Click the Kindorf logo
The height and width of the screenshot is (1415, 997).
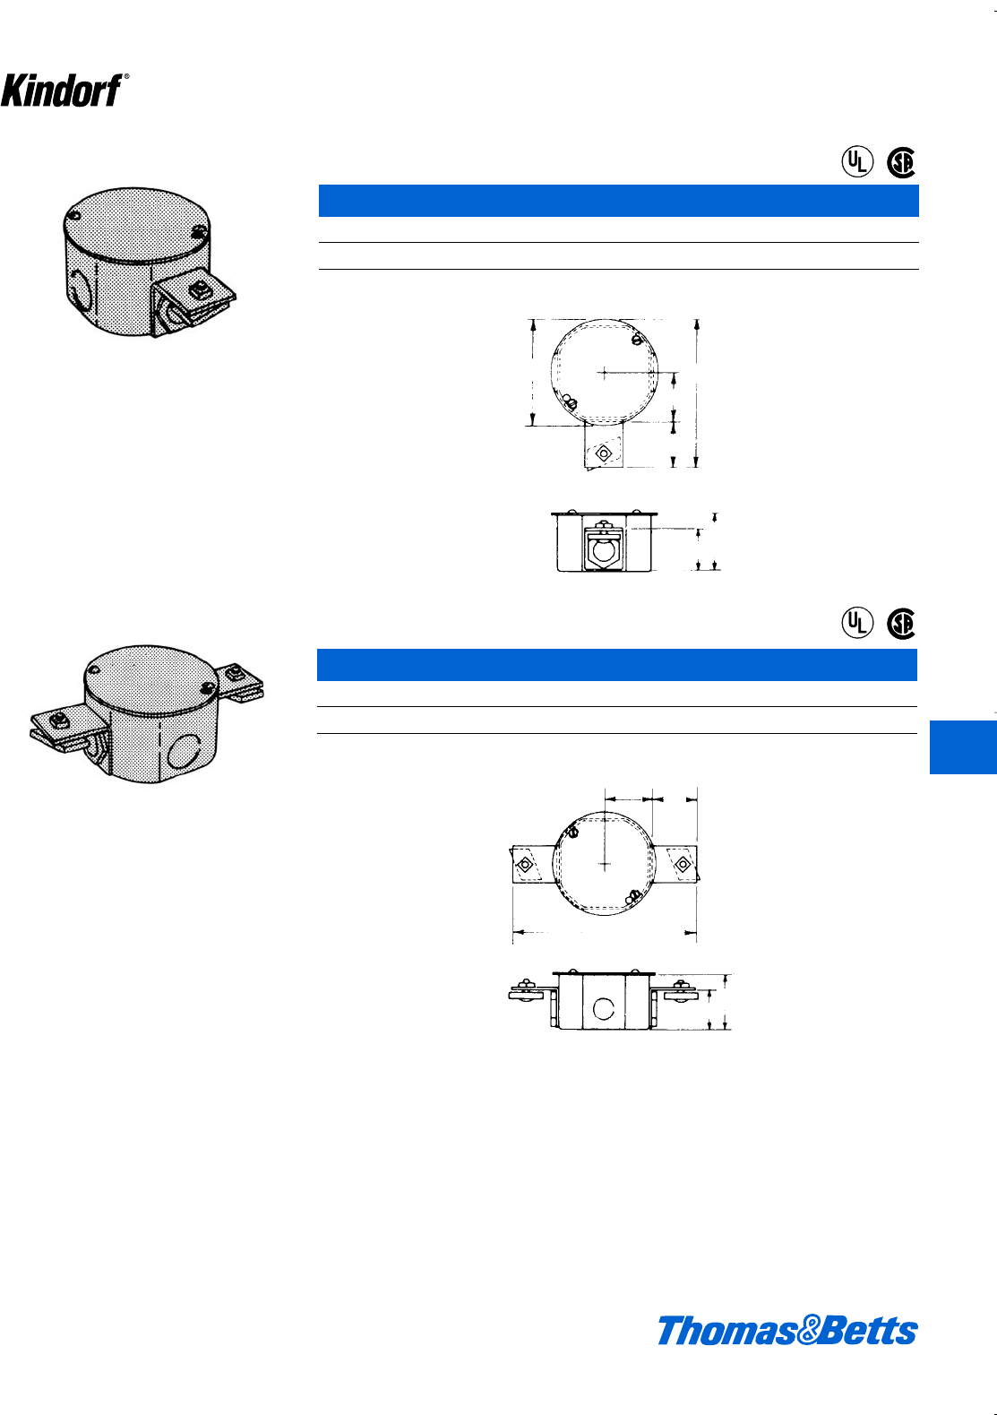click(63, 90)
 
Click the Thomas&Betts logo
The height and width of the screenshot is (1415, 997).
click(787, 1331)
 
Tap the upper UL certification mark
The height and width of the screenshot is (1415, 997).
click(856, 161)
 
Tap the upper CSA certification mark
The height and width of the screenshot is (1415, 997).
click(901, 162)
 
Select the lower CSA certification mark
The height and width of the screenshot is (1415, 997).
click(901, 624)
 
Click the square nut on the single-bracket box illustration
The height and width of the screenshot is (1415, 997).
click(199, 290)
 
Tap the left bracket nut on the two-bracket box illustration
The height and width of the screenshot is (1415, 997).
click(57, 719)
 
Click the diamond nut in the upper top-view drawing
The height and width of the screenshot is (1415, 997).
click(603, 453)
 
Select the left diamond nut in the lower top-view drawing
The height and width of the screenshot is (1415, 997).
click(525, 865)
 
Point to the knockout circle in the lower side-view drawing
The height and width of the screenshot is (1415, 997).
click(604, 1009)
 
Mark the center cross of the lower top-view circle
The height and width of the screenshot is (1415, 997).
click(606, 864)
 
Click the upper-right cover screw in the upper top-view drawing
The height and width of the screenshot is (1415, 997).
click(635, 340)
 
